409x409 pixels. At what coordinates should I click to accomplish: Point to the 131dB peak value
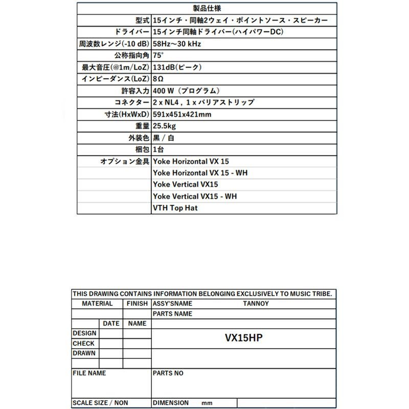point(177,67)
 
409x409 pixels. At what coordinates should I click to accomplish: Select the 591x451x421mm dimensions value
point(181,115)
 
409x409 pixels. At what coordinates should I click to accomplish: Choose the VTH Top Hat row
point(175,208)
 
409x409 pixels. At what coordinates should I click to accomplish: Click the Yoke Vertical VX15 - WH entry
point(195,196)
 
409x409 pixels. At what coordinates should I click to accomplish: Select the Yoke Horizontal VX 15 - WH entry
point(200,173)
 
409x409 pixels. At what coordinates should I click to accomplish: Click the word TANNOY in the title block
point(256,304)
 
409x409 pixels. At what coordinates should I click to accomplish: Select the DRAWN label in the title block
point(84,353)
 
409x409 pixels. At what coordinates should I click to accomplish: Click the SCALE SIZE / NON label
point(100,403)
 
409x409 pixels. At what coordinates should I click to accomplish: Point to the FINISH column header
point(137,304)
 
